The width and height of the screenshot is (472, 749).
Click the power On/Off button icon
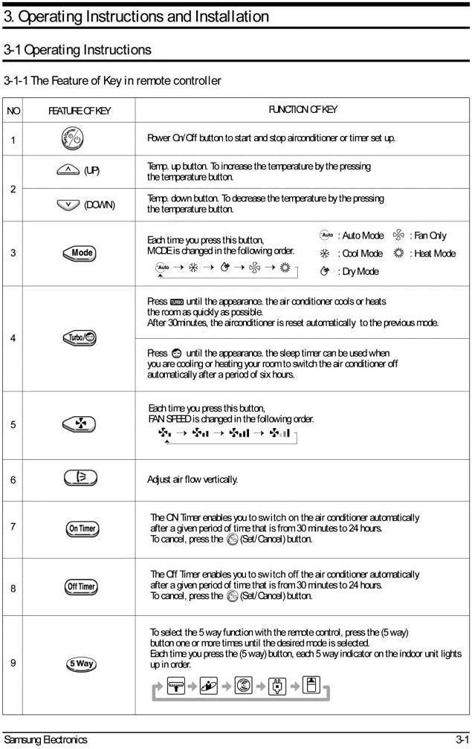72,138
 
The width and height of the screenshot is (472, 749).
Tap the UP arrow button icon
68,170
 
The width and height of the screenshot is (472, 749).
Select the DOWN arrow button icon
68,204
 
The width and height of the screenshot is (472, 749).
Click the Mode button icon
81,253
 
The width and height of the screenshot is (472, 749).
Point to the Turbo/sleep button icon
81,338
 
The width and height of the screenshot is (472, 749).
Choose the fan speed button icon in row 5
80,424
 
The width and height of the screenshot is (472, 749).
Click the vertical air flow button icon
81,479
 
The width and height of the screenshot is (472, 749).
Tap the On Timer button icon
81,528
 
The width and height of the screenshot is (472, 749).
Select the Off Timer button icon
81,586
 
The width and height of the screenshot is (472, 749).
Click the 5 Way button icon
81,664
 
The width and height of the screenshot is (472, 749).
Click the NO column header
13,111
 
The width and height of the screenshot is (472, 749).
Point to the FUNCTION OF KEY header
303,110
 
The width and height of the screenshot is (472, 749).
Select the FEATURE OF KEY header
80,111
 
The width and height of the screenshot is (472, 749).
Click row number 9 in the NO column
13,664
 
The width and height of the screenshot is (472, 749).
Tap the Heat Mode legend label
434,253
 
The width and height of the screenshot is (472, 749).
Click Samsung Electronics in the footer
45,739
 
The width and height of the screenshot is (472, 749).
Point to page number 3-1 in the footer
462,739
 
